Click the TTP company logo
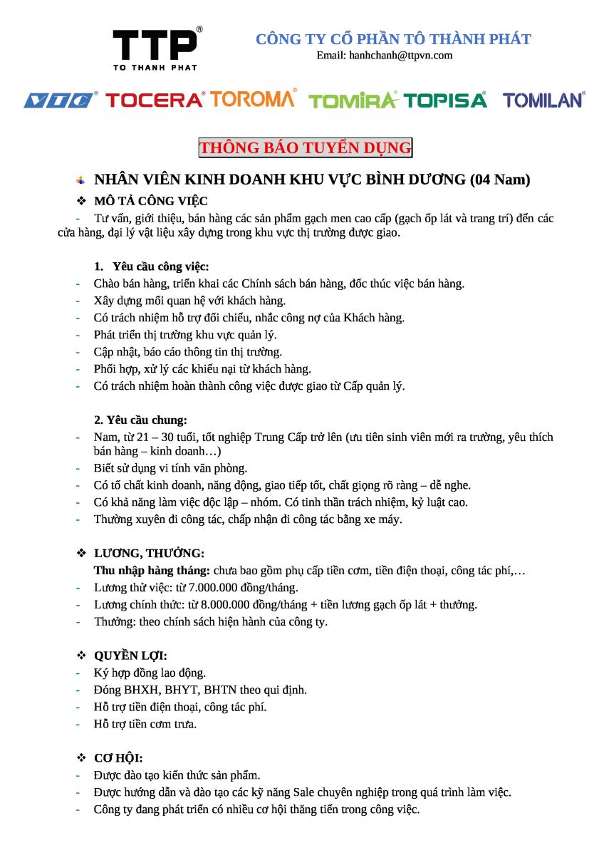(155, 48)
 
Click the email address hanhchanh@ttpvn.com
(385, 56)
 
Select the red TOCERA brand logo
(155, 100)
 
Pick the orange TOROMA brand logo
(253, 99)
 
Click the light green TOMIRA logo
(353, 100)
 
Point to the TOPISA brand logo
(446, 100)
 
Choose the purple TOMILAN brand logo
(543, 100)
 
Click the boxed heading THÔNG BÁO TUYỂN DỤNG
(305, 148)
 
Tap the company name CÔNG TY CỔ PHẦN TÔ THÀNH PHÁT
(393, 39)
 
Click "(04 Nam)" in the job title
(500, 180)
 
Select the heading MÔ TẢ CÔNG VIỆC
(151, 201)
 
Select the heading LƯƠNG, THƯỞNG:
(150, 554)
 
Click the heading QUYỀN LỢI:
(130, 656)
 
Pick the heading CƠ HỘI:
(118, 759)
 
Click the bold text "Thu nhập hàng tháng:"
(152, 571)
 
